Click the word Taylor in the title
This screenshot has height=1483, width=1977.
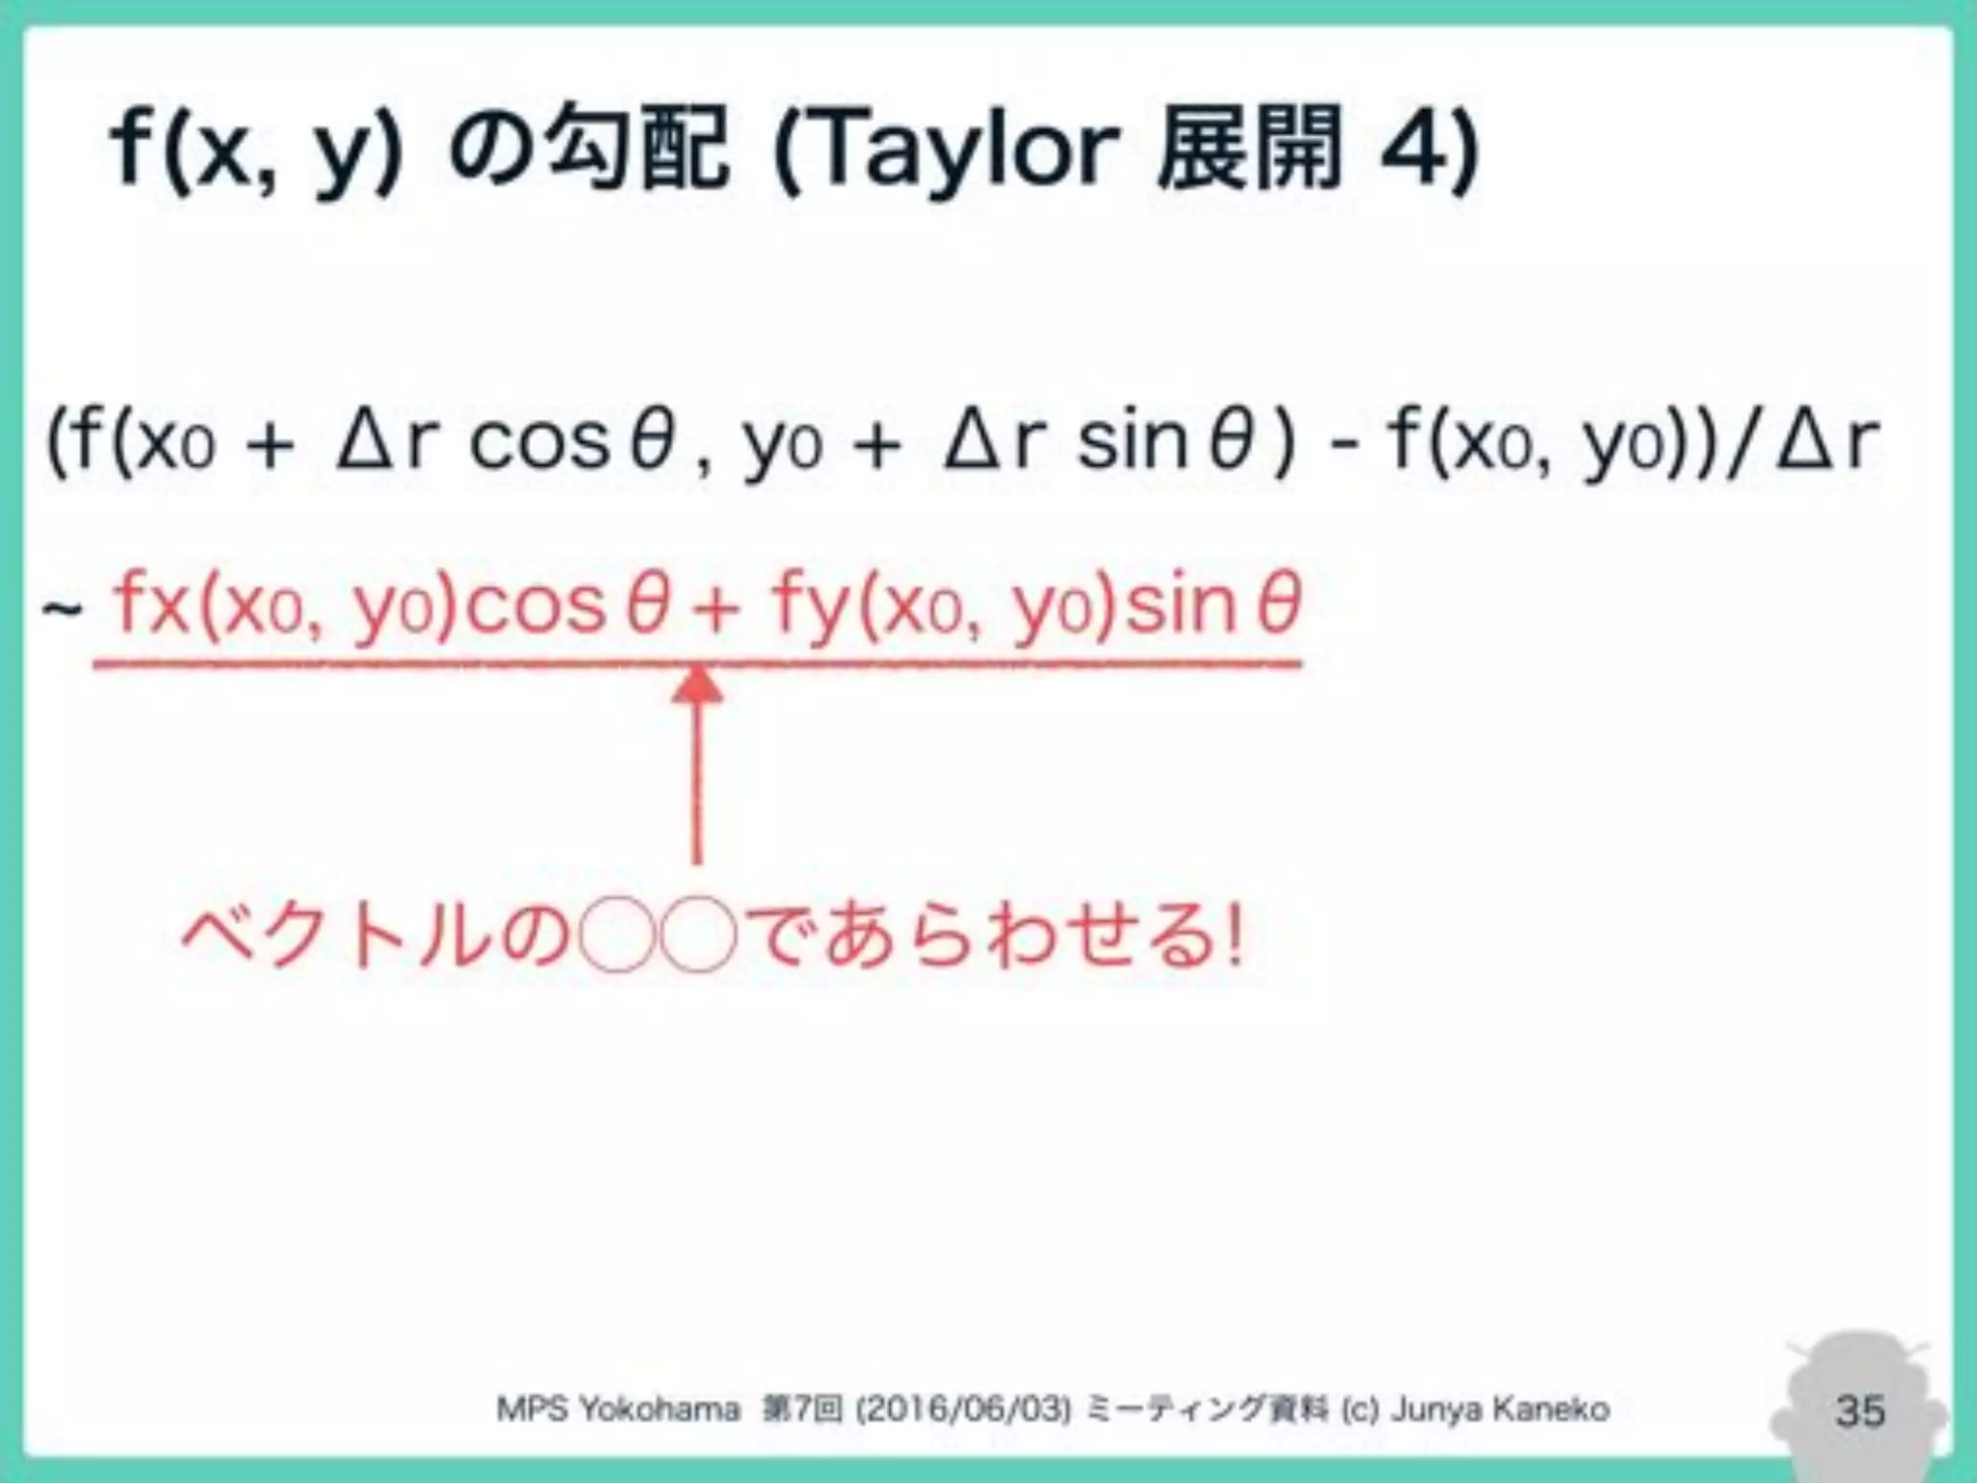tap(951, 150)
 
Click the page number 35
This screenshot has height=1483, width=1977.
tap(1859, 1410)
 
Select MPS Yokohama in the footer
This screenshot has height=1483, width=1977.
tap(618, 1410)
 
